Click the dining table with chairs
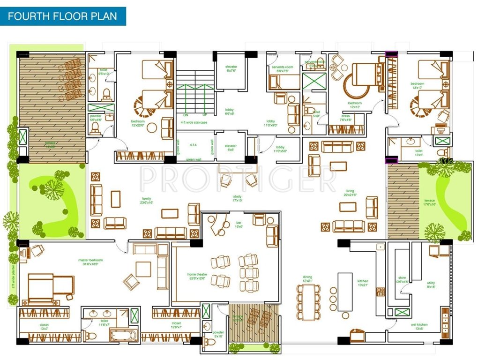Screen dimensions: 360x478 (308, 301)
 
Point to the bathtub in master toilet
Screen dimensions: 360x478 (123, 335)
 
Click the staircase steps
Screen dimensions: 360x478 (195, 92)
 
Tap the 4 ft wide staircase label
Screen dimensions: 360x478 (195, 122)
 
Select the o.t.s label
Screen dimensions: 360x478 (193, 146)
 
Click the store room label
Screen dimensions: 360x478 (402, 280)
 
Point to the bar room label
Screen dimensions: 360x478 (239, 225)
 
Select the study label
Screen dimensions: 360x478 (238, 199)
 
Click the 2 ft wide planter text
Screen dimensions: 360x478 (14, 277)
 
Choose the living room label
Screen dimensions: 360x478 (350, 192)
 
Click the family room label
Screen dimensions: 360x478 (147, 200)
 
